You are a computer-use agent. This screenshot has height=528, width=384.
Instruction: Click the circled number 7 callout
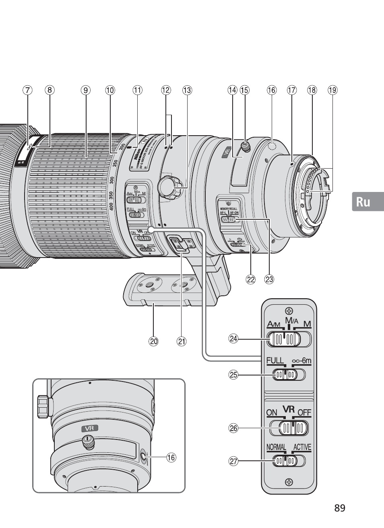click(27, 90)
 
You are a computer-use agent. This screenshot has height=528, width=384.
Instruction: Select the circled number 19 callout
click(332, 90)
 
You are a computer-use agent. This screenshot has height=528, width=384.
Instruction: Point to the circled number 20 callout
click(153, 342)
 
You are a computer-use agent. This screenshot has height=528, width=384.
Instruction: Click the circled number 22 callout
click(251, 279)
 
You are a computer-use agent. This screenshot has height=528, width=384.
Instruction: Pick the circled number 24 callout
click(233, 338)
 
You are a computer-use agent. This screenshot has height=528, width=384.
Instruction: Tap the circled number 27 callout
click(233, 461)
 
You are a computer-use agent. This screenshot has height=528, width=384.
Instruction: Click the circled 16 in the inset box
click(171, 457)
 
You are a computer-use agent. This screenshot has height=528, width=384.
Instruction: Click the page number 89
click(340, 508)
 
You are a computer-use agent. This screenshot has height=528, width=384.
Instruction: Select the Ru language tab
click(363, 202)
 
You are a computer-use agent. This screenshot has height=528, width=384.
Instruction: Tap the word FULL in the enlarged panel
click(275, 361)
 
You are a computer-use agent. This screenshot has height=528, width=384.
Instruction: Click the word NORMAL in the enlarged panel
click(276, 447)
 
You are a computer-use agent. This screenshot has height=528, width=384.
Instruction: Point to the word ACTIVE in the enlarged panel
click(302, 447)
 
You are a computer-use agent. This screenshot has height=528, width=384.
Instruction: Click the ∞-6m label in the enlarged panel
click(301, 361)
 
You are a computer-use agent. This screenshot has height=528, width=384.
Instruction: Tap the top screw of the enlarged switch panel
click(288, 311)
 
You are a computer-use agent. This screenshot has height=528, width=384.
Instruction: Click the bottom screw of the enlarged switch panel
click(289, 482)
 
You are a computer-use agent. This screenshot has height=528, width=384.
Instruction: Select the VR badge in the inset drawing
click(89, 428)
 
